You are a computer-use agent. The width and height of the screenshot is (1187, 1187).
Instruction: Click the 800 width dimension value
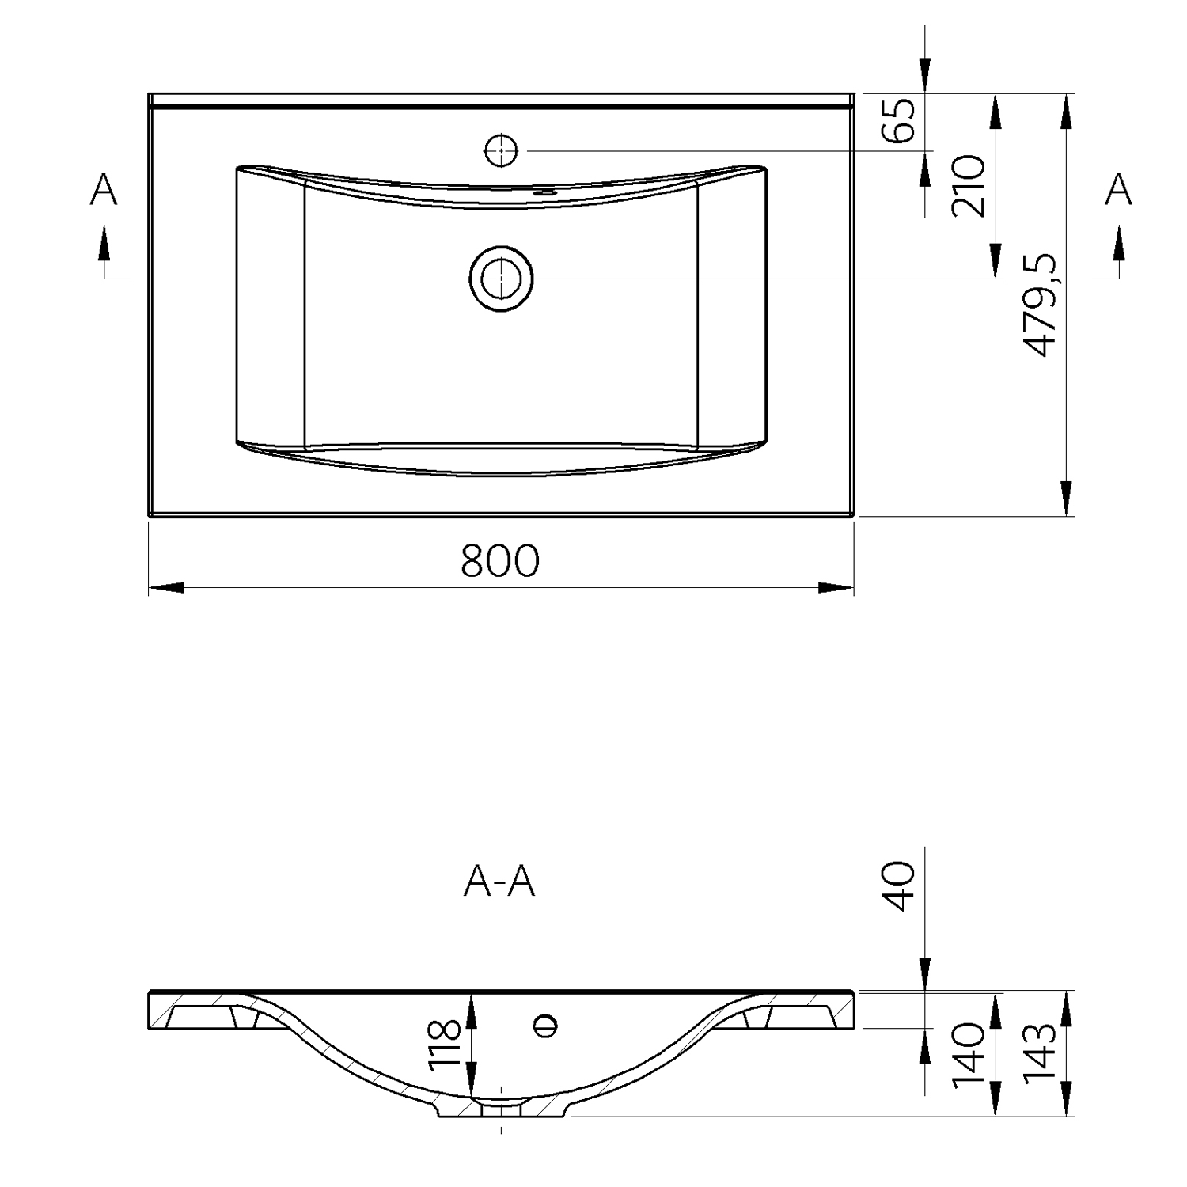[x=499, y=560]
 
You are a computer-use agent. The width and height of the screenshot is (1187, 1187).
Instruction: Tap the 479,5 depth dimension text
[x=1039, y=305]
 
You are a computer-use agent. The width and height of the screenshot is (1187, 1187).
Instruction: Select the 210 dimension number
[x=969, y=186]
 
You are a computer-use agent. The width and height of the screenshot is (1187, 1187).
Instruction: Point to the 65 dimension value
[x=900, y=119]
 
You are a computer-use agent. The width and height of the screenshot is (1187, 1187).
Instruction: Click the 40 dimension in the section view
[x=900, y=886]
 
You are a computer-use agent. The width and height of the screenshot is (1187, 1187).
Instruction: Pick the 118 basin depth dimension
[x=444, y=1045]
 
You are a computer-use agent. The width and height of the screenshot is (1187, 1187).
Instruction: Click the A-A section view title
[x=499, y=882]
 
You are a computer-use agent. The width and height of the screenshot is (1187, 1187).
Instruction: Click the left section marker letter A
[x=104, y=190]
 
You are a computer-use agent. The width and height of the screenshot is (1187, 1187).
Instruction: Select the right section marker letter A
[x=1118, y=190]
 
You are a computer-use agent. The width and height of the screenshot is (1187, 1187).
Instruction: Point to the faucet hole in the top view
[x=501, y=150]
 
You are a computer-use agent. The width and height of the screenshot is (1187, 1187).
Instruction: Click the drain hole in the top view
[x=501, y=279]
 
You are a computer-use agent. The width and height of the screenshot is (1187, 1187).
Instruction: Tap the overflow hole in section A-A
[x=545, y=1025]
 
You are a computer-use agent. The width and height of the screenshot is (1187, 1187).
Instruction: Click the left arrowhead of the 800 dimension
[x=166, y=587]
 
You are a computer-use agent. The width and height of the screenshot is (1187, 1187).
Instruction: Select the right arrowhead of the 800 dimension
[x=836, y=587]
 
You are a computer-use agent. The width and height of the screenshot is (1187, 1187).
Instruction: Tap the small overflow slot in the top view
[x=544, y=192]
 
